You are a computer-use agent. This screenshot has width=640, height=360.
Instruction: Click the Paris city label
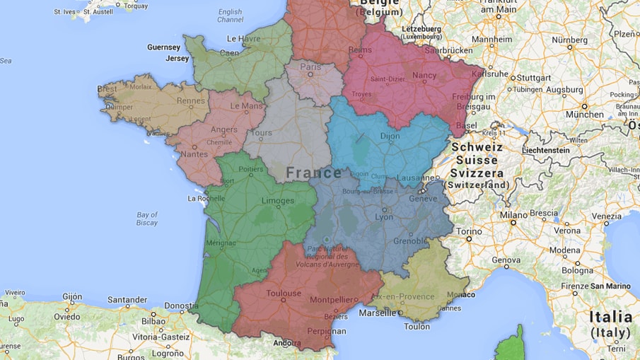(310, 68)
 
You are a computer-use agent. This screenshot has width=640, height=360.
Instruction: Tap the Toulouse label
(284, 294)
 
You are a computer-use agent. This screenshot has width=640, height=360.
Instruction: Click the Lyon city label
(384, 217)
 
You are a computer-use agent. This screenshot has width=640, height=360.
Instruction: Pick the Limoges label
(278, 202)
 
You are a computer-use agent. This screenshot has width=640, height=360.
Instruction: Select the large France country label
(314, 173)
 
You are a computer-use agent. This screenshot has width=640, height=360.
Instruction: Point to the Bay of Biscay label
(147, 219)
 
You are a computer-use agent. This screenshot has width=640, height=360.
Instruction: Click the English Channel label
(230, 16)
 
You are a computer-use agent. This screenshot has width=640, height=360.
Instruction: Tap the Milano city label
(513, 214)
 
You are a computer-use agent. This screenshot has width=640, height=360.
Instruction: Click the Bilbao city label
(153, 320)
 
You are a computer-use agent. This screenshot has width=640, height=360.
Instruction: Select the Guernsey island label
(163, 47)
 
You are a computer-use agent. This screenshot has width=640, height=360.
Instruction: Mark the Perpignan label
(327, 331)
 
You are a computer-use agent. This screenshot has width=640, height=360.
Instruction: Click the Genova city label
(506, 260)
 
